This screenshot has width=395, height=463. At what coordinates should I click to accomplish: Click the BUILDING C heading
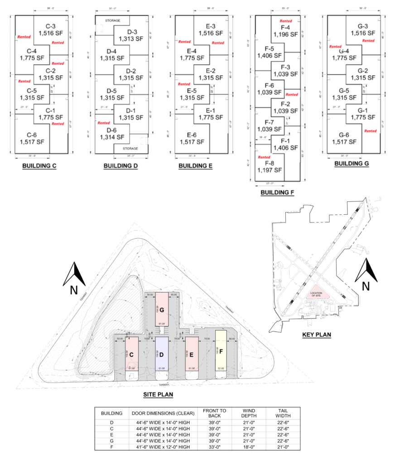tap(39, 166)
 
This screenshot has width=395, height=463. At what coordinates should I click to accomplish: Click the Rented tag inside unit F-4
tap(286, 21)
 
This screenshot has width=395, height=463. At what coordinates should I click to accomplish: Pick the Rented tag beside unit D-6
tap(104, 123)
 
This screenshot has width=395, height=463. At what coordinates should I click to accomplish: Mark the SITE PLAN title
tap(158, 394)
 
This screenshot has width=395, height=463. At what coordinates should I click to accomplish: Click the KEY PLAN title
tap(316, 335)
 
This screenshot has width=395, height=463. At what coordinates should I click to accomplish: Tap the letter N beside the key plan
tap(366, 286)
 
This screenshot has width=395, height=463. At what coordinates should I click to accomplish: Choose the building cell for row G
tap(111, 440)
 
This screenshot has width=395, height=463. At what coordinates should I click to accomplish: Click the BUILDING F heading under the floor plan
tap(277, 193)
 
